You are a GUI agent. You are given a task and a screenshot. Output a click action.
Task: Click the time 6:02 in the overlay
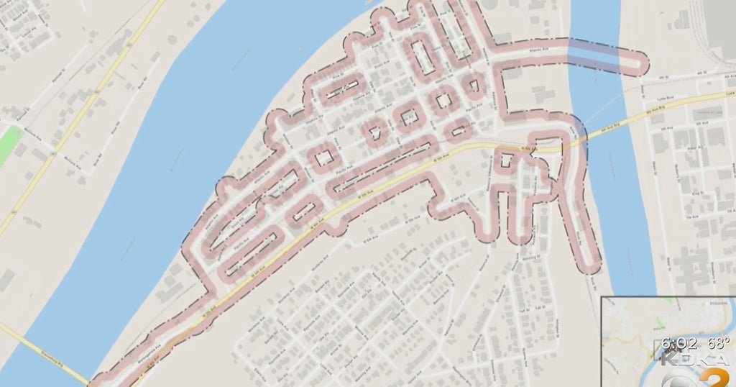[678, 345]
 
